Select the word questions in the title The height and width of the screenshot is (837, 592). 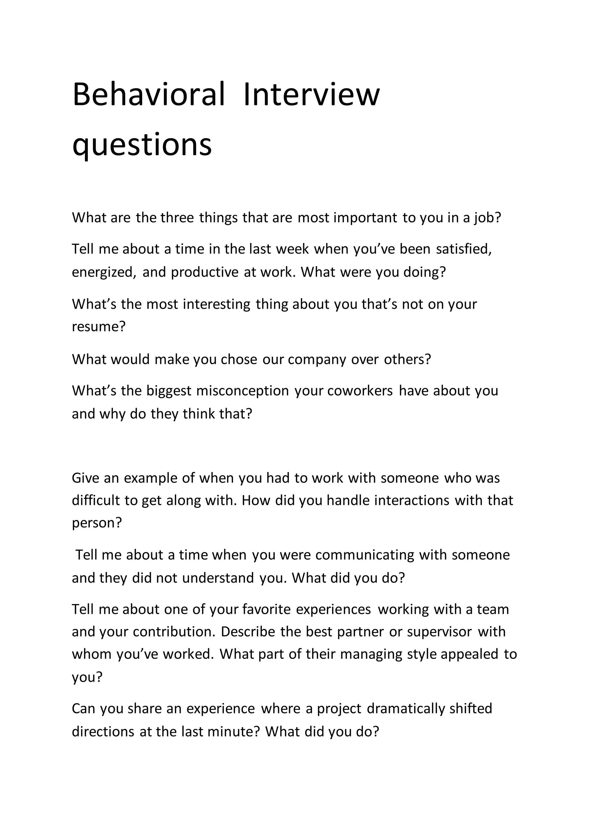pos(142,145)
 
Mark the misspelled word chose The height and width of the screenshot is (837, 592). pos(239,360)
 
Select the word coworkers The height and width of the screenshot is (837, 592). pos(360,391)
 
